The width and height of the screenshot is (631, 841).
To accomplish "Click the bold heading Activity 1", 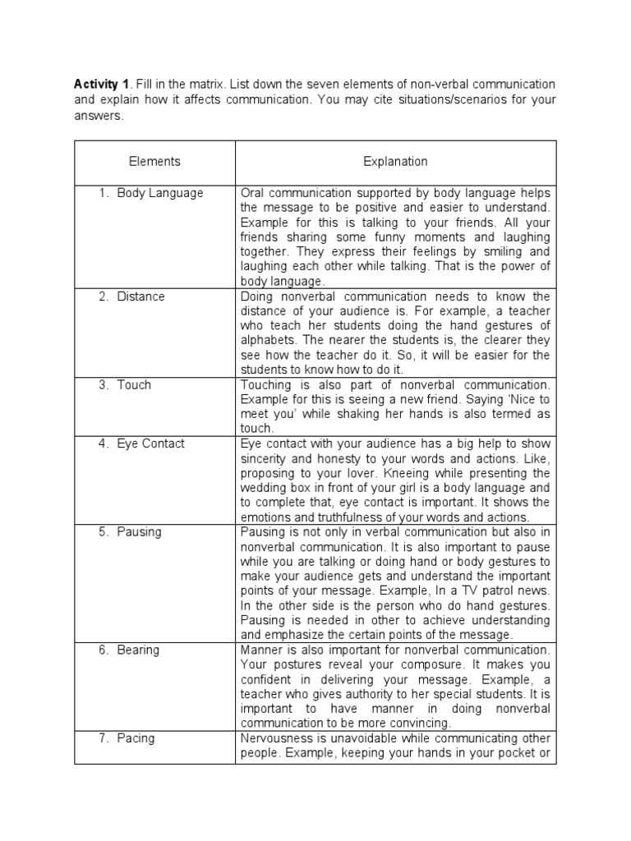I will point(102,85).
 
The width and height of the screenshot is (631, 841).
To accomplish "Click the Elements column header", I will point(154,162).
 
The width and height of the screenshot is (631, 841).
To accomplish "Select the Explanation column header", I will point(395,162).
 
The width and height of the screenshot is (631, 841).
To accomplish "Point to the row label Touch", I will point(134,384).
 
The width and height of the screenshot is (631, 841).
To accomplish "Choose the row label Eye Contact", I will point(150,443).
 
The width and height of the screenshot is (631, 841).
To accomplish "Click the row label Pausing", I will point(139,531).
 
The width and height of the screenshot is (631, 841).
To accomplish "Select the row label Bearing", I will point(139,650).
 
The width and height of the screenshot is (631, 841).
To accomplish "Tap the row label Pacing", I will point(136,738).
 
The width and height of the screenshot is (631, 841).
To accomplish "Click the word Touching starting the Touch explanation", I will point(265,384).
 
